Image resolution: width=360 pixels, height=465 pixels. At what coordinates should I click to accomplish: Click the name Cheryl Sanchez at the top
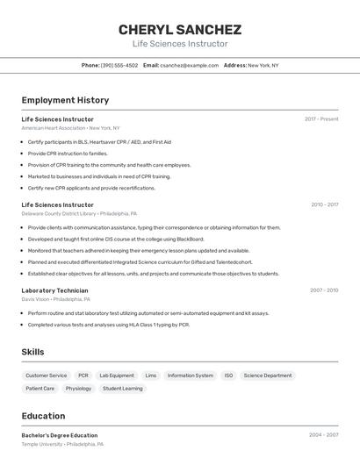click(180, 30)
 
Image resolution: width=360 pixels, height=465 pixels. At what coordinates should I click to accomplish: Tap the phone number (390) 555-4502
click(119, 66)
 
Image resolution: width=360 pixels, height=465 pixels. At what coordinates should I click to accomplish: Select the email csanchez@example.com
click(188, 66)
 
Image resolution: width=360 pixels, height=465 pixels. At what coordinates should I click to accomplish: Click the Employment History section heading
click(65, 100)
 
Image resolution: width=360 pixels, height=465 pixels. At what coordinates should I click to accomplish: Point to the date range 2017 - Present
click(321, 119)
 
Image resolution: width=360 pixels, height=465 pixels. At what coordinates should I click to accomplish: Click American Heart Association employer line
click(70, 128)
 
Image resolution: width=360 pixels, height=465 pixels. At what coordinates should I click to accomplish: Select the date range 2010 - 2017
click(324, 205)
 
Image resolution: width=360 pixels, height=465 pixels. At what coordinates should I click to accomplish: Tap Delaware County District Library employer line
click(79, 213)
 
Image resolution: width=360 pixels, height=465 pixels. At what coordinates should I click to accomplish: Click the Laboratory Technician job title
click(54, 290)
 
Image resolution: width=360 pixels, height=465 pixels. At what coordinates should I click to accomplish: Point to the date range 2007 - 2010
click(324, 290)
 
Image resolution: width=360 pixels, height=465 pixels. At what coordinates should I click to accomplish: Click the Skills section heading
click(32, 352)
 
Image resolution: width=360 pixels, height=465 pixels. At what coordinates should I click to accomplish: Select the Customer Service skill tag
click(46, 376)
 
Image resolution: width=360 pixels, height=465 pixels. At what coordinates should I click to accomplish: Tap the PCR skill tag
click(83, 376)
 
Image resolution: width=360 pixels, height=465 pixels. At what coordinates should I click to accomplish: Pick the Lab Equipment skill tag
click(117, 376)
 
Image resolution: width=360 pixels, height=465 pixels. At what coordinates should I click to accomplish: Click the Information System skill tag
click(191, 376)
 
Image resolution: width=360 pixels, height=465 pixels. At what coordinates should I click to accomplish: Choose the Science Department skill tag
click(268, 376)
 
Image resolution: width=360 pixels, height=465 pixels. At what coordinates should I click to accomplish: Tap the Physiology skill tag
click(78, 388)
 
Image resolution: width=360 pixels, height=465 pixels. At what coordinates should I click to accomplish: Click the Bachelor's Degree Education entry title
click(60, 435)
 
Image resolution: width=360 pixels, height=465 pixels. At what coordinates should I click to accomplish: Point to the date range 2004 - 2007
click(323, 434)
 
